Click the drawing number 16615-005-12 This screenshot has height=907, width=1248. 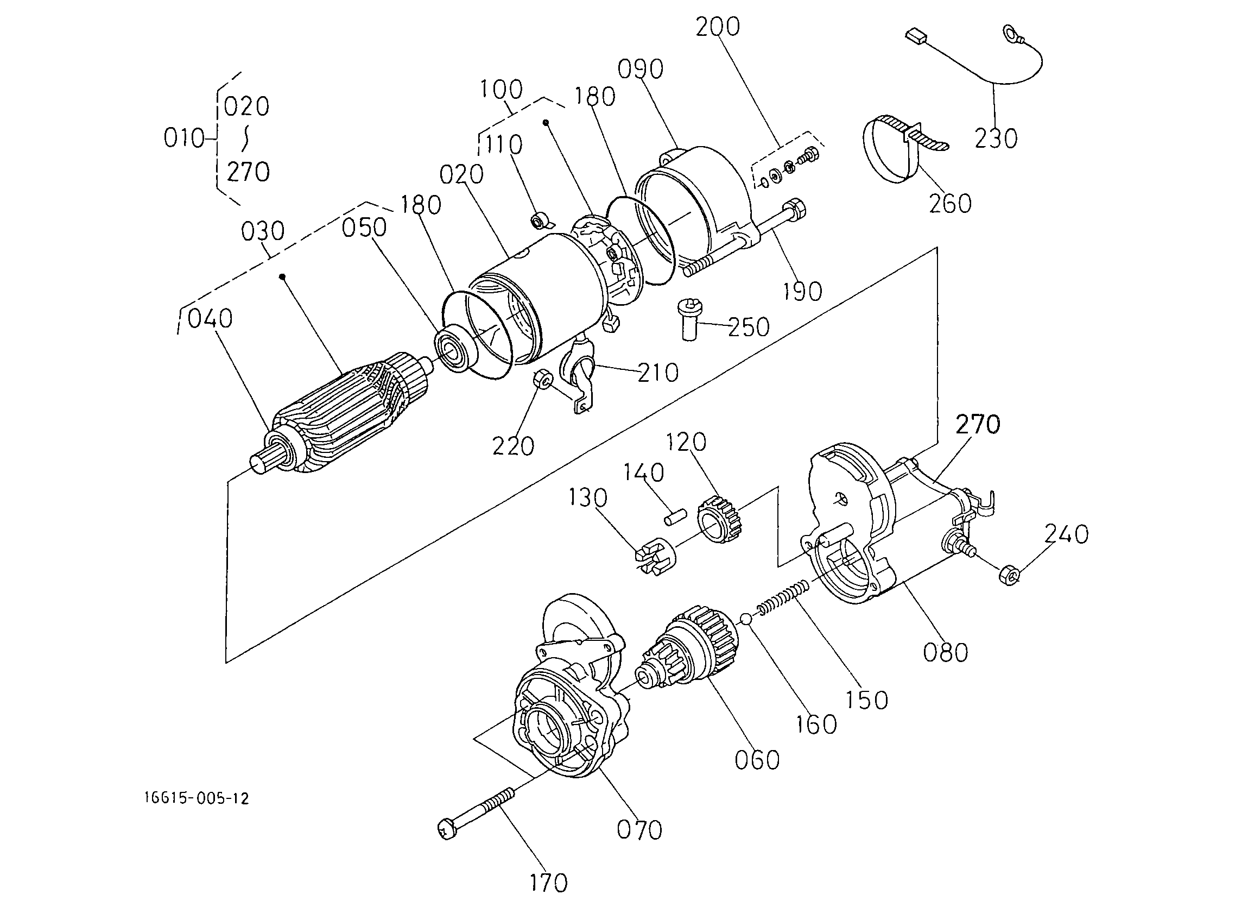click(197, 798)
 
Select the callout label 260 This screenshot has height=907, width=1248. click(951, 203)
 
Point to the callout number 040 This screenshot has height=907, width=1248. click(210, 318)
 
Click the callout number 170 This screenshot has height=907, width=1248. click(549, 883)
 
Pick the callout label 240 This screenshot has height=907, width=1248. click(1066, 534)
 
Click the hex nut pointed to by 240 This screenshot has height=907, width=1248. click(1009, 575)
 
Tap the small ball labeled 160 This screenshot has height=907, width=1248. click(746, 619)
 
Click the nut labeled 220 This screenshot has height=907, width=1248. click(542, 380)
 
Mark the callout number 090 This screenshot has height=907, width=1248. click(640, 70)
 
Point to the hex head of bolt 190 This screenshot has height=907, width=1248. click(796, 209)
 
